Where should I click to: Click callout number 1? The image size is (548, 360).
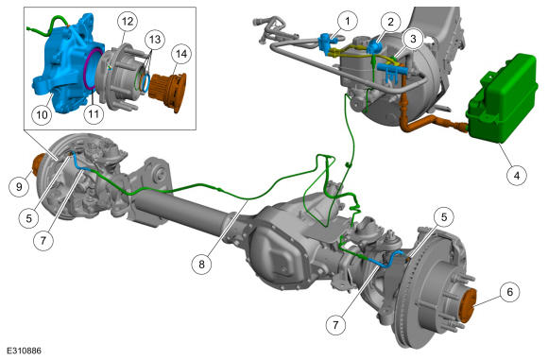[x=347, y=22]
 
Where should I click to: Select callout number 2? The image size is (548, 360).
[x=390, y=22]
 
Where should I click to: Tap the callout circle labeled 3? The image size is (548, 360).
[x=413, y=39]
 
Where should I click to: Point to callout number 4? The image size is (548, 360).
[x=517, y=175]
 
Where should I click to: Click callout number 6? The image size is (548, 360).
[x=509, y=291]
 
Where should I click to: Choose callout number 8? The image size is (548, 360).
[x=201, y=264]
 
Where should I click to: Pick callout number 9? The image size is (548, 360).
[x=19, y=187]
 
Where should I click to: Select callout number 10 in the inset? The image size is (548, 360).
[x=42, y=114]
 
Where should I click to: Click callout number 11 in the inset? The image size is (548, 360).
[x=94, y=113]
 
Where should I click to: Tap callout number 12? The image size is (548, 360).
[x=128, y=22]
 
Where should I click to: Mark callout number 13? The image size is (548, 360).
[x=155, y=39]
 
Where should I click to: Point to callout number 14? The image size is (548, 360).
[x=181, y=54]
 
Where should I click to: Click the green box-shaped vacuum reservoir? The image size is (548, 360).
[x=503, y=99]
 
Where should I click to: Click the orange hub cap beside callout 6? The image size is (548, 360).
[x=467, y=306]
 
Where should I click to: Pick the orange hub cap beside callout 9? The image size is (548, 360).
[x=38, y=165]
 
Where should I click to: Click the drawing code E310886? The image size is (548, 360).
[x=24, y=351]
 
